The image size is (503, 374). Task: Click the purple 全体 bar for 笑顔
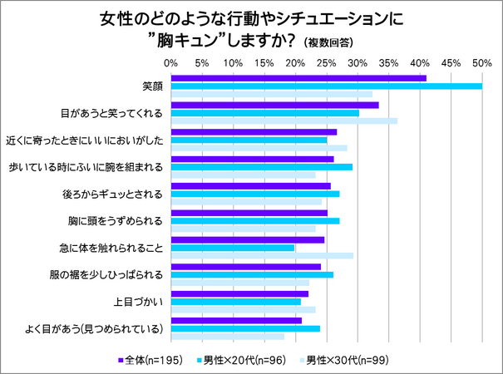pyautogui.click(x=298, y=78)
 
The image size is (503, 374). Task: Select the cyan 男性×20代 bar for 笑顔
pyautogui.click(x=326, y=86)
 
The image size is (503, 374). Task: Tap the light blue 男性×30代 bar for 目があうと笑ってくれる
pyautogui.click(x=284, y=121)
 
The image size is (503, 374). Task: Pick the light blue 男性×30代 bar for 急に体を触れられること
pyautogui.click(x=262, y=255)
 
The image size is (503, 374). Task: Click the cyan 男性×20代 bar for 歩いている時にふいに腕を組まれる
pyautogui.click(x=261, y=167)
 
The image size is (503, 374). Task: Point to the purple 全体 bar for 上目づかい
pyautogui.click(x=239, y=293)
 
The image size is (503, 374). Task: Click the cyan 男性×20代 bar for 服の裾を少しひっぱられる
pyautogui.click(x=252, y=274)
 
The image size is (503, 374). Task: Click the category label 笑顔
pyautogui.click(x=151, y=86)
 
